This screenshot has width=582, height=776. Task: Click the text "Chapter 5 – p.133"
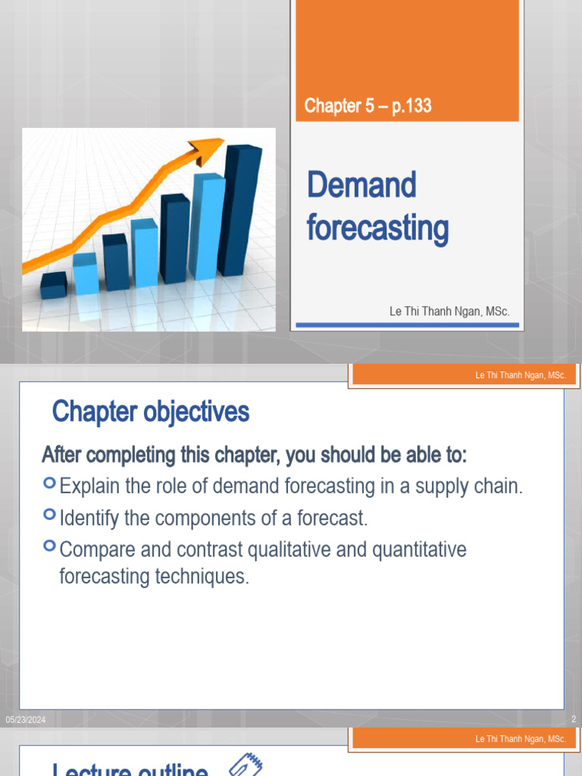(368, 106)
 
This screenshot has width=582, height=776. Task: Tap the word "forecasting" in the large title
(377, 228)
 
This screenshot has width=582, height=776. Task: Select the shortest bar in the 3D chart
(53, 286)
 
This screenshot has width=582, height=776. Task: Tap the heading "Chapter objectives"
(150, 412)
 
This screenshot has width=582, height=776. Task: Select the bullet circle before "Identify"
(50, 515)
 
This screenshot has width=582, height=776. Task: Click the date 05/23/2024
(26, 720)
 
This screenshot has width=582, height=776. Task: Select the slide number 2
(574, 720)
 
